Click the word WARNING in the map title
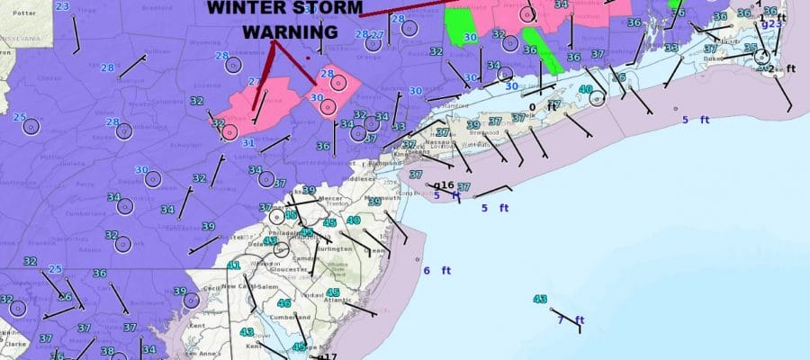tap(289, 31)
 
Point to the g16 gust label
tap(445, 185)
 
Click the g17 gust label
tap(327, 356)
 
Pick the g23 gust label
tap(772, 24)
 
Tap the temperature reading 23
tap(62, 6)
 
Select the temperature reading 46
tap(284, 303)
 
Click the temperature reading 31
tap(247, 143)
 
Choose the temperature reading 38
tap(107, 351)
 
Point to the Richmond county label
tap(382, 164)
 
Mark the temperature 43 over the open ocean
tap(540, 299)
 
